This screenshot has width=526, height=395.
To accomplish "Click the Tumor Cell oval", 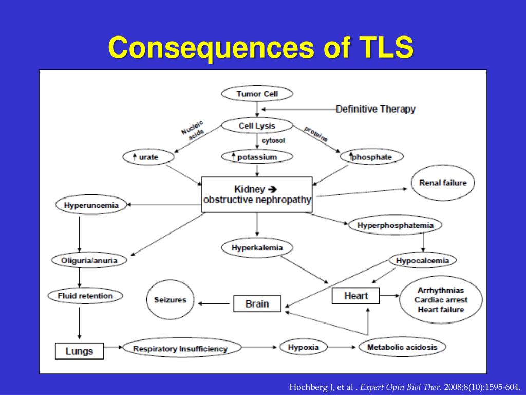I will click(257, 94).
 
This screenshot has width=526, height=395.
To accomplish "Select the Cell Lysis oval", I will click(257, 125).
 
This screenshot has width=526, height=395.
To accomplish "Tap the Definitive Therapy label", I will click(375, 109).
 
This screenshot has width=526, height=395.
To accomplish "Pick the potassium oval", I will click(257, 157).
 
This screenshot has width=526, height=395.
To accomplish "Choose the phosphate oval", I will click(371, 157).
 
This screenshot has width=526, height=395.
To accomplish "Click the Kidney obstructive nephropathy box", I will click(257, 194).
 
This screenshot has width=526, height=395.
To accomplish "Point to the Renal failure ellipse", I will click(442, 183).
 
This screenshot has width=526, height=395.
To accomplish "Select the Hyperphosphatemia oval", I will click(395, 225).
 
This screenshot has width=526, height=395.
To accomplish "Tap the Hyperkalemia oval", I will click(257, 248).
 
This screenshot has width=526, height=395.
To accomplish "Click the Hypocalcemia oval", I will click(422, 261).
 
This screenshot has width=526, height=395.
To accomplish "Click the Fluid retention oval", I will click(85, 296).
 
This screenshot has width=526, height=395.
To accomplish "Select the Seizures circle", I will click(170, 300).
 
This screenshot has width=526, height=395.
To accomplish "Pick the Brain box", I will click(257, 303).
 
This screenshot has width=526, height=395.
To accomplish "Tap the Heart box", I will click(356, 296).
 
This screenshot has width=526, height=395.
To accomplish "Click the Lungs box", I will click(79, 351).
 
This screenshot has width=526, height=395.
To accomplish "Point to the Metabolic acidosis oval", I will click(402, 347).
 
